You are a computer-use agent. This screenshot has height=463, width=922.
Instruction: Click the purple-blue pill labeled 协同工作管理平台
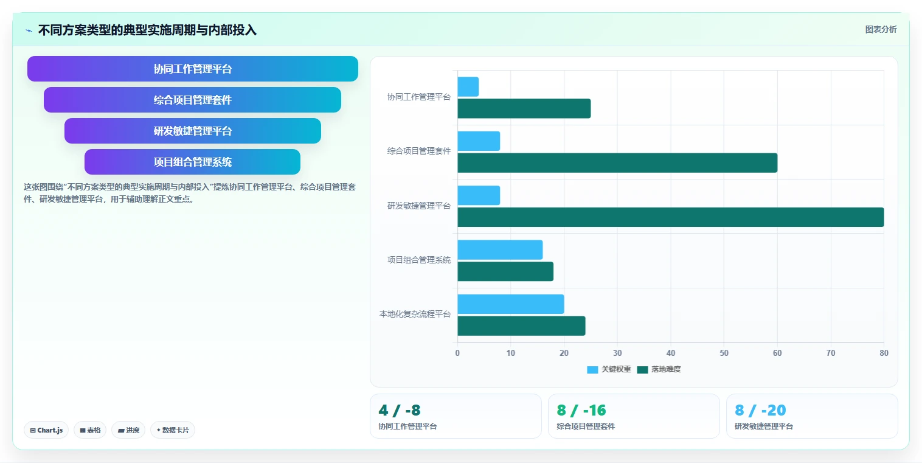193,69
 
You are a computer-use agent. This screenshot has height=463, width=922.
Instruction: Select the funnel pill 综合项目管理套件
193,100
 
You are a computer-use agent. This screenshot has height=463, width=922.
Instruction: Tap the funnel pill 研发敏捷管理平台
193,131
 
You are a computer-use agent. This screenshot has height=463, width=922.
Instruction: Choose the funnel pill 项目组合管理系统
193,162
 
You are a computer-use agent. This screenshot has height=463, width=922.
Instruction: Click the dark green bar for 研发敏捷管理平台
670,217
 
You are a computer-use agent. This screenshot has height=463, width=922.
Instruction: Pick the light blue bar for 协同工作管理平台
468,87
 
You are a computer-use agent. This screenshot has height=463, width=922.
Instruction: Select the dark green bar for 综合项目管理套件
617,162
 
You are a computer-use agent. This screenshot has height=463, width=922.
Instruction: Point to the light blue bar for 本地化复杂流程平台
511,304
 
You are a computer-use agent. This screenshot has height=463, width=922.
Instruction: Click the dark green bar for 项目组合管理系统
505,271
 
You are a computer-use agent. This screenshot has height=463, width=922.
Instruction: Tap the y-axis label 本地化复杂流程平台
415,315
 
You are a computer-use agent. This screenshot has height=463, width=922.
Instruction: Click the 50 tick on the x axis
724,353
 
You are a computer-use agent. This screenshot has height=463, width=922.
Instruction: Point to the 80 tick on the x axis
884,353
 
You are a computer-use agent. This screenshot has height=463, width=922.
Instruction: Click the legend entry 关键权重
609,369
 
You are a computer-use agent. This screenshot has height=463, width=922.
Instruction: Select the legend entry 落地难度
659,369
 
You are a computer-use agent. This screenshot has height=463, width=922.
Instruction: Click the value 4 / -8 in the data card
400,410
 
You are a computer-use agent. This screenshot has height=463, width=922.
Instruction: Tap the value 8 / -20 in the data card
760,410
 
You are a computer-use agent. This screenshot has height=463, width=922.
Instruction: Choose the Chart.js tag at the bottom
46,430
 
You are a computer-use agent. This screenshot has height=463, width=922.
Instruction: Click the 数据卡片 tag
173,430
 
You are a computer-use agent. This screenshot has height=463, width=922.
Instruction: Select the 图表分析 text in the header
881,30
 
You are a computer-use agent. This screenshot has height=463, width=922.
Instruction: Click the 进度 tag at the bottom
128,430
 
